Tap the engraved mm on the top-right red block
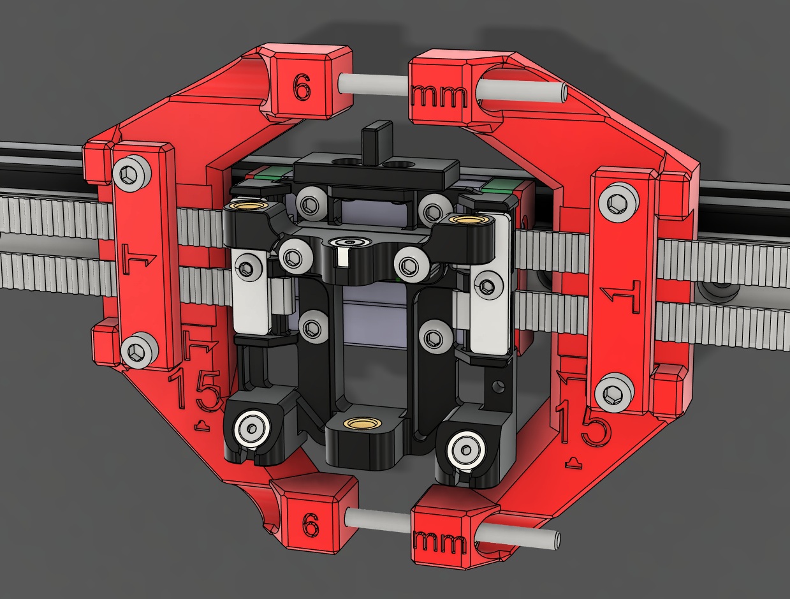[x=440, y=96]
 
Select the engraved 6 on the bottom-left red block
[x=310, y=526]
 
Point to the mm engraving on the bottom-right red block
[x=439, y=543]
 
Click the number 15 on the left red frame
[x=194, y=390]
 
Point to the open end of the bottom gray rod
[x=557, y=540]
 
